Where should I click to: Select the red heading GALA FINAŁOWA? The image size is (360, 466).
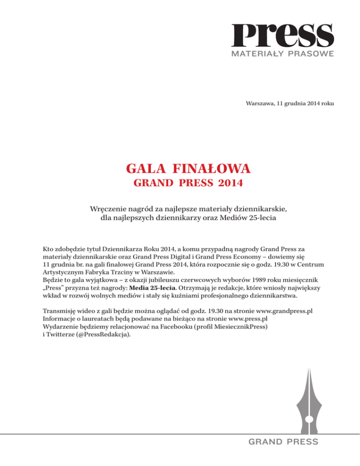[180, 167]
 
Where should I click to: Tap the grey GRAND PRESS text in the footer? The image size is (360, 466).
[283, 442]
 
